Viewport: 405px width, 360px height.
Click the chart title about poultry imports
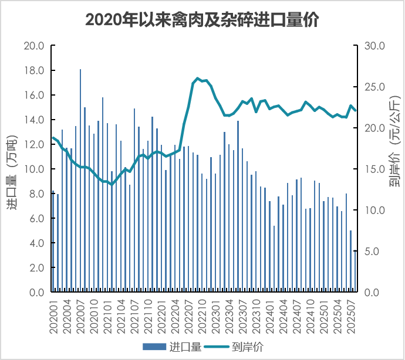coord(202,19)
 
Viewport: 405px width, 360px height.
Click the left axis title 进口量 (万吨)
coord(13,169)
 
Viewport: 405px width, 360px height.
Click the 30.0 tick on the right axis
coord(374,46)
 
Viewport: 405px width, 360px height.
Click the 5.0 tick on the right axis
coord(374,252)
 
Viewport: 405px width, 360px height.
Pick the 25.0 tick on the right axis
coord(374,87)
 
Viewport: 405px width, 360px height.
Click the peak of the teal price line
coord(197,78)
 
